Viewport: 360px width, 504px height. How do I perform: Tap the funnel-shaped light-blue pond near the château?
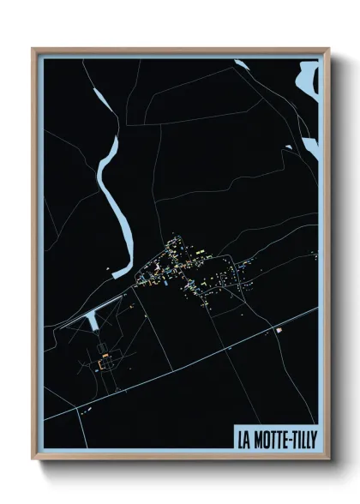point(91,321)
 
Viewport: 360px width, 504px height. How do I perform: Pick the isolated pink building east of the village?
point(278,330)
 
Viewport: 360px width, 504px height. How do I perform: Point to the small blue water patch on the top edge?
point(243,63)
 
